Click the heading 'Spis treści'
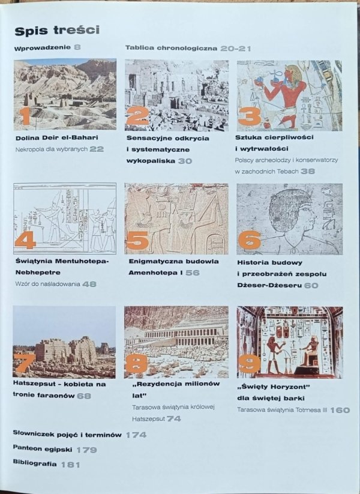click(57, 30)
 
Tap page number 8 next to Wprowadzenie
click(77, 47)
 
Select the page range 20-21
click(236, 48)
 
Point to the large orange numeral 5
click(137, 241)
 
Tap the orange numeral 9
click(250, 363)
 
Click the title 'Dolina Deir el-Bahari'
click(57, 137)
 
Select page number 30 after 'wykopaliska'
click(185, 161)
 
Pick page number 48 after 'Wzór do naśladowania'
click(89, 284)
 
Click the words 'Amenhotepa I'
click(155, 273)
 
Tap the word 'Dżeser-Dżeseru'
click(269, 286)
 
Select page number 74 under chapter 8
click(173, 419)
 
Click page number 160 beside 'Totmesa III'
click(340, 410)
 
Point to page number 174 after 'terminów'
click(136, 435)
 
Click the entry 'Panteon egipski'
click(43, 449)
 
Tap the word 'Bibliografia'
click(35, 463)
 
